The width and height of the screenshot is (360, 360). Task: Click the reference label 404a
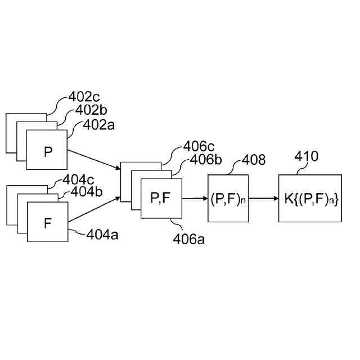pos(102,234)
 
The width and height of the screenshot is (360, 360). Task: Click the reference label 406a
pos(188,241)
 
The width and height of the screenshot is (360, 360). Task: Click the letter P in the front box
pos(47,151)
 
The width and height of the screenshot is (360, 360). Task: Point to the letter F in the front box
pos(48,222)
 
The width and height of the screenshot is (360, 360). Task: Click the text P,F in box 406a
pos(162,198)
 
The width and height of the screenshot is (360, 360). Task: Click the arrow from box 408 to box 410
pos(263,198)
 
